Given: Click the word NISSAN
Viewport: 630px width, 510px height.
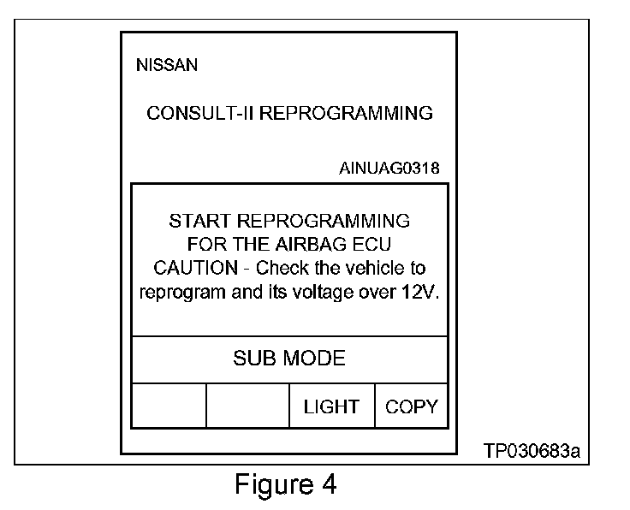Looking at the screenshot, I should pyautogui.click(x=166, y=66).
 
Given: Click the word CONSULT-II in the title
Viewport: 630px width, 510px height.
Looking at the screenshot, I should pyautogui.click(x=200, y=114).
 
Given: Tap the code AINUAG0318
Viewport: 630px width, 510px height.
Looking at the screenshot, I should pyautogui.click(x=389, y=168).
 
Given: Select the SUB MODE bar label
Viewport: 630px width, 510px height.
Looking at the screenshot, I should pyautogui.click(x=289, y=359).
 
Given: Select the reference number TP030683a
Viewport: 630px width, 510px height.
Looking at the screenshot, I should pyautogui.click(x=532, y=450).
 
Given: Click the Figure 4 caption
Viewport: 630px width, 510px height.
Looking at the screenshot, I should pyautogui.click(x=286, y=485).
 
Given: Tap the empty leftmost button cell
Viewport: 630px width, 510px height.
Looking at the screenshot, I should pyautogui.click(x=169, y=406).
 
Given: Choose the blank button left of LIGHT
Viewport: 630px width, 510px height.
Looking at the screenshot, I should pyautogui.click(x=247, y=406).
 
